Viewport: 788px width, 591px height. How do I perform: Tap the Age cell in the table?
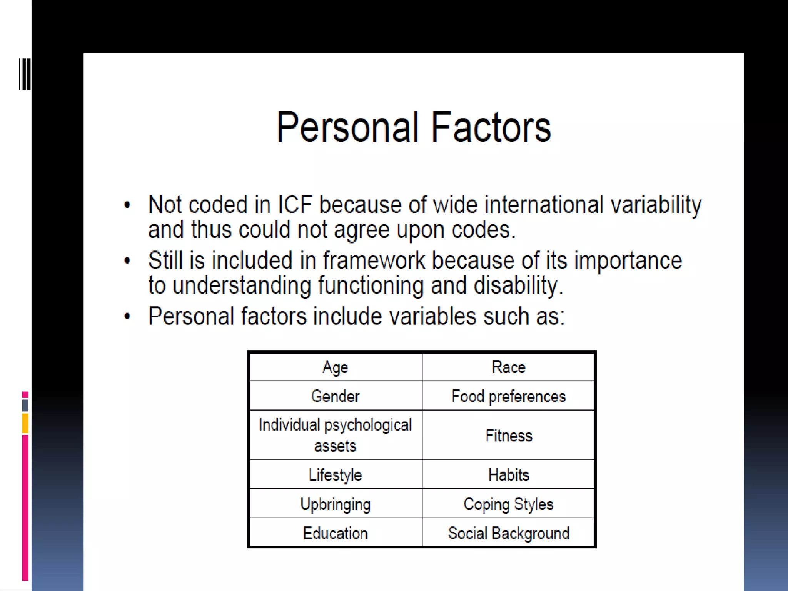(336, 367)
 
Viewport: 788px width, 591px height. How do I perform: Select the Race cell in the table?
(508, 367)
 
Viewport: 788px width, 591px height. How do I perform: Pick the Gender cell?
(336, 396)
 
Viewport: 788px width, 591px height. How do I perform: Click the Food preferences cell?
(508, 396)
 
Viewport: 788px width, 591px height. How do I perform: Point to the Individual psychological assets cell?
(336, 435)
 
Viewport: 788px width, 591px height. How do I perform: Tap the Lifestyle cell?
(336, 475)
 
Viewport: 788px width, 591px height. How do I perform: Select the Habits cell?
(508, 475)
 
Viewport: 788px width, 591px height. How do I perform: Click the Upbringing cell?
(336, 504)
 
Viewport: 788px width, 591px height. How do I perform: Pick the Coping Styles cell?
(508, 504)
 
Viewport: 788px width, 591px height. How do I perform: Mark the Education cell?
(336, 533)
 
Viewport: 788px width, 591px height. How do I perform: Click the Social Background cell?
(508, 533)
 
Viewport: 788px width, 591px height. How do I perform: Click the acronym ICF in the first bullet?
(295, 204)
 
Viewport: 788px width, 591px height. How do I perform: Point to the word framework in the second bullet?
(374, 260)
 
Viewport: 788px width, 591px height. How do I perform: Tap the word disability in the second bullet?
(518, 285)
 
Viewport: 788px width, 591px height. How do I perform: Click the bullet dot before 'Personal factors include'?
(127, 317)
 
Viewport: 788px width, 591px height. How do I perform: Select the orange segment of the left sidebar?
(25, 423)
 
